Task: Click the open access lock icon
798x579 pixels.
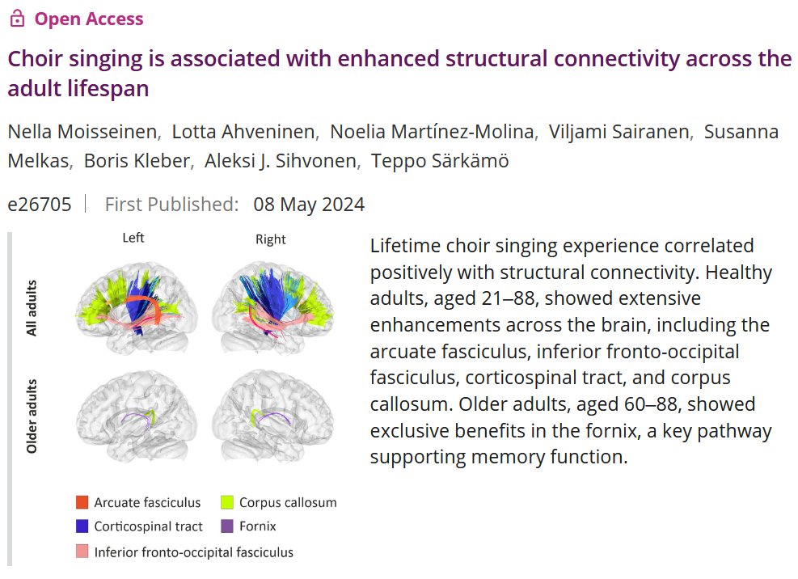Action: coord(16,19)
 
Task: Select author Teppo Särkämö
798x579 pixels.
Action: coord(440,161)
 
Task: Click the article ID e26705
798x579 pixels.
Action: coord(39,205)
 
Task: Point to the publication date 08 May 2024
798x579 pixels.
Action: coord(309,205)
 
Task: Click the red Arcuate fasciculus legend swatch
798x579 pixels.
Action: coord(82,502)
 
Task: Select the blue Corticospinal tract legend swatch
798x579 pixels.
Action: coord(82,526)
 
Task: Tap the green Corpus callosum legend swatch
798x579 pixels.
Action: coord(227,502)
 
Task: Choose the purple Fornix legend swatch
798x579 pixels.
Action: coord(227,526)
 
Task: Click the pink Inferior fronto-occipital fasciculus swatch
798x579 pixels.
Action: coord(82,552)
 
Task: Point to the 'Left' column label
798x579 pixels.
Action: coord(133,239)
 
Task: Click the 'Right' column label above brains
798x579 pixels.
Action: coord(270,239)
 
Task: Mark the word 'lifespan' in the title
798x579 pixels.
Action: coord(109,89)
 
